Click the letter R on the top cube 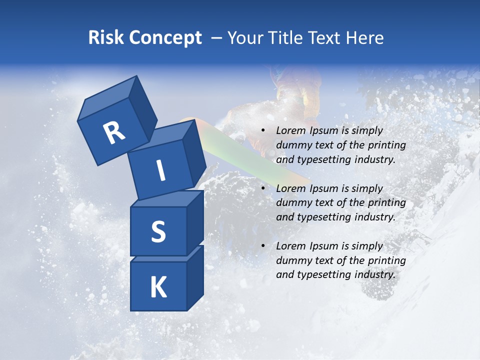coord(114,132)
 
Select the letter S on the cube coord(158,231)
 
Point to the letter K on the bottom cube coord(158,287)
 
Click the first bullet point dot coord(263,130)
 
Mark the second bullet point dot coord(263,188)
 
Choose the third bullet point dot coord(263,246)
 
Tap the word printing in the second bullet coord(387,203)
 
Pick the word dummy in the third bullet coord(291,260)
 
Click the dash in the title coord(217,38)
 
